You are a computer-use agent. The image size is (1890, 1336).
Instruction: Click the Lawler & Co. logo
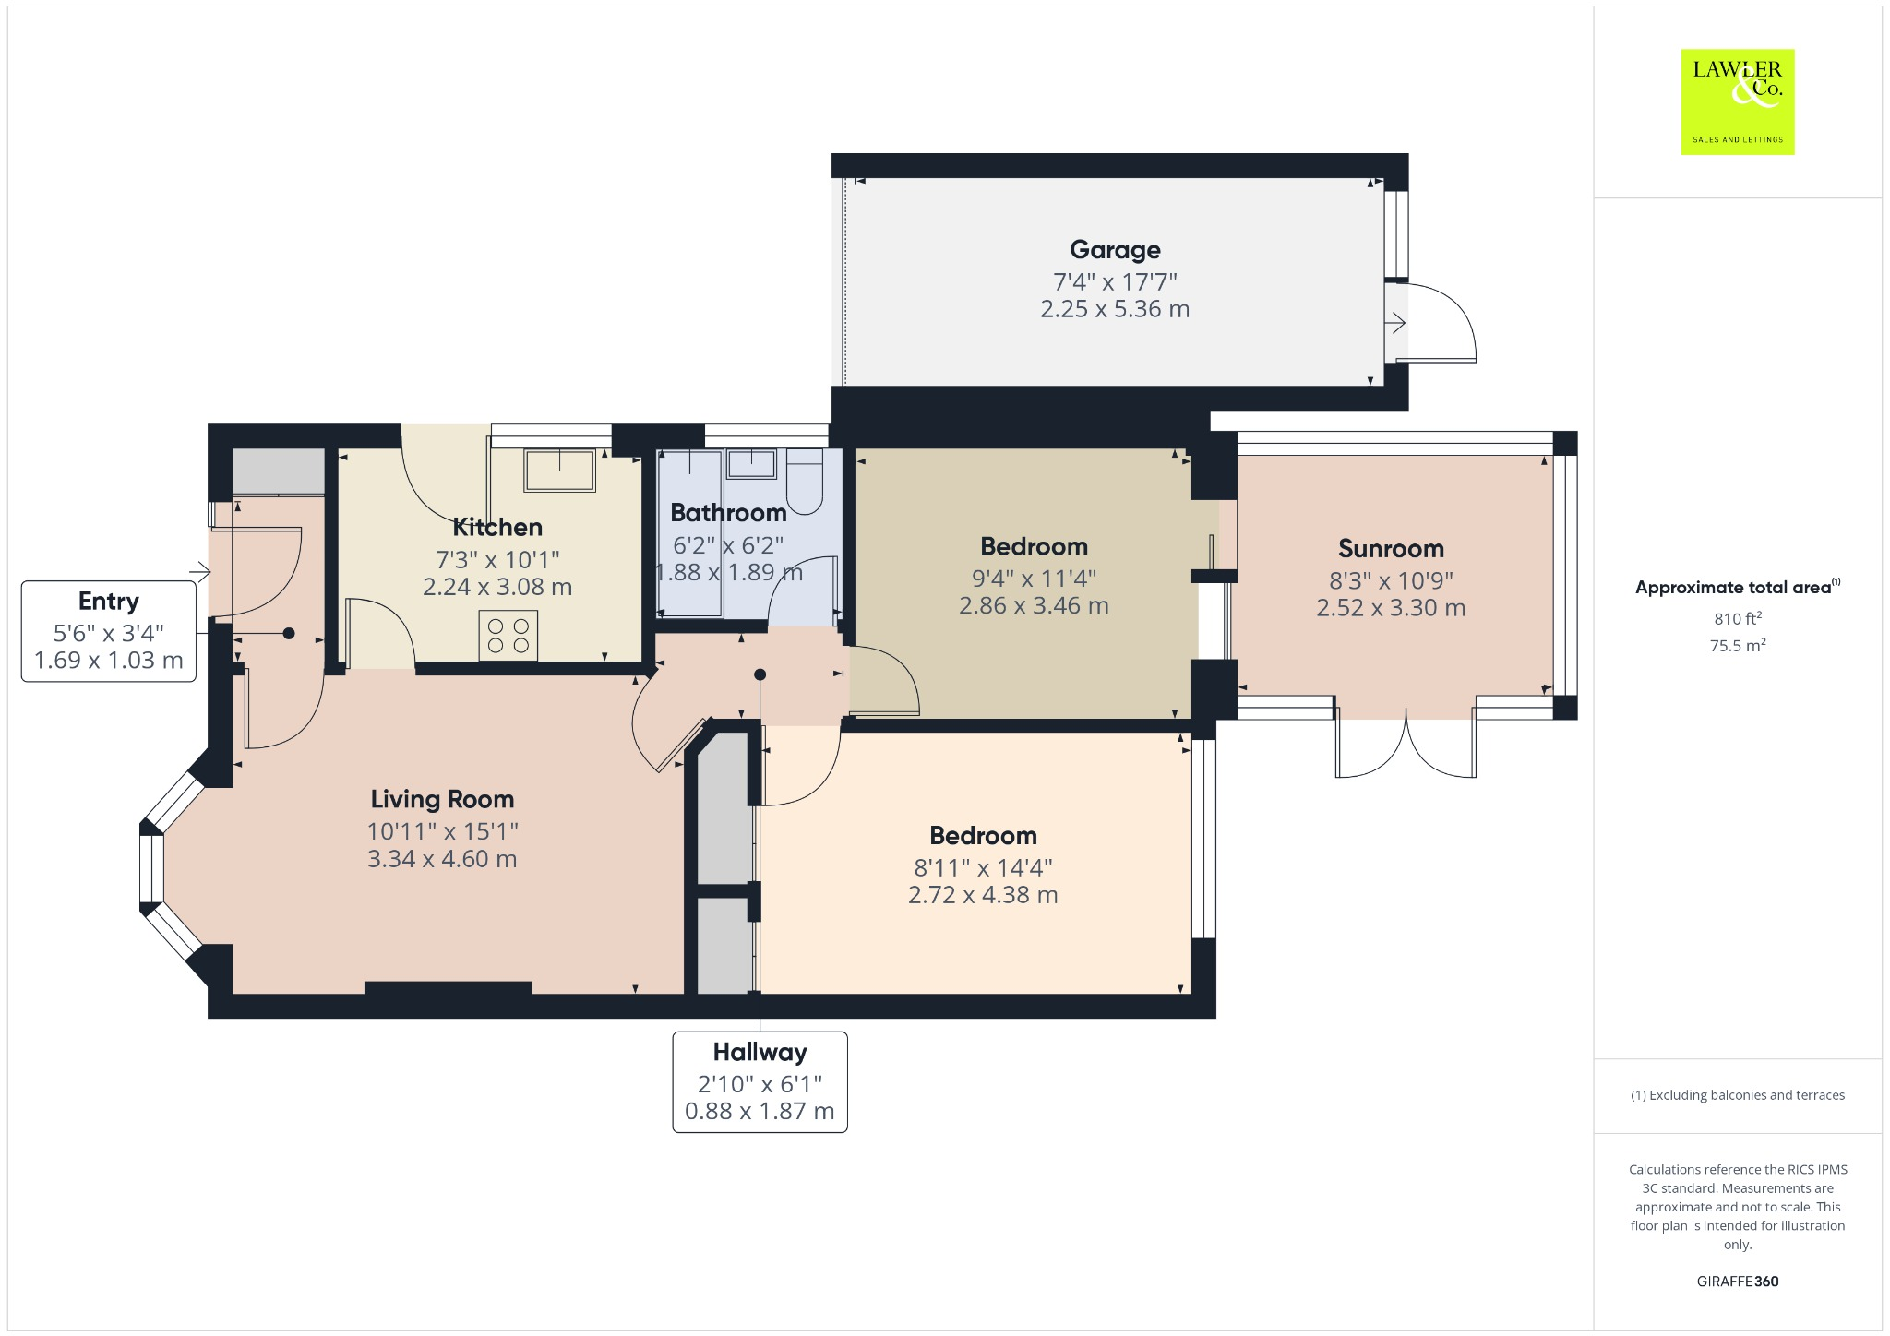(1737, 101)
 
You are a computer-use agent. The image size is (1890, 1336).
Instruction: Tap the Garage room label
(1115, 250)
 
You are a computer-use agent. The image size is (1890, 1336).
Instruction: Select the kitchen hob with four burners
(508, 635)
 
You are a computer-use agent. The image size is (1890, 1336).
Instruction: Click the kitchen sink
(559, 470)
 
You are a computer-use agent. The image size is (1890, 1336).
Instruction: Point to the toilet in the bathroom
(805, 481)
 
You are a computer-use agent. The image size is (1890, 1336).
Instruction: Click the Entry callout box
(109, 631)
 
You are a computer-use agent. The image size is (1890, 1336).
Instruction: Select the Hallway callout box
(760, 1081)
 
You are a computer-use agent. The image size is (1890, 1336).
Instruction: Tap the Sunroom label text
(1391, 549)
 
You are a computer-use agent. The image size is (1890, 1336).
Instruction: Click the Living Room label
(442, 799)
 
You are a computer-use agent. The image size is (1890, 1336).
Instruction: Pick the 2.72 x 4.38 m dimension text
(983, 895)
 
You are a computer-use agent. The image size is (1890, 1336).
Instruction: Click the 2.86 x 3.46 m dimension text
(1034, 606)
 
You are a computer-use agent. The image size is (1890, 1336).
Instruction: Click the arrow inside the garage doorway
(1395, 323)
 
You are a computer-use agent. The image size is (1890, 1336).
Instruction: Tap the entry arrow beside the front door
(199, 572)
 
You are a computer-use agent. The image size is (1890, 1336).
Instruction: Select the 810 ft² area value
(1738, 618)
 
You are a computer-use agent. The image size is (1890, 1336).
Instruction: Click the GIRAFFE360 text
(1737, 1281)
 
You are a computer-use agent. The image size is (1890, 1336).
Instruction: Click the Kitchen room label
(497, 528)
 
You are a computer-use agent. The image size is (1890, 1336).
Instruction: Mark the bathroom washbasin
(751, 463)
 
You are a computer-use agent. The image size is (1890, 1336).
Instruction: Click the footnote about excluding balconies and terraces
(1737, 1095)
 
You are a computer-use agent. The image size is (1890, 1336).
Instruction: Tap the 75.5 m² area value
(1738, 646)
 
